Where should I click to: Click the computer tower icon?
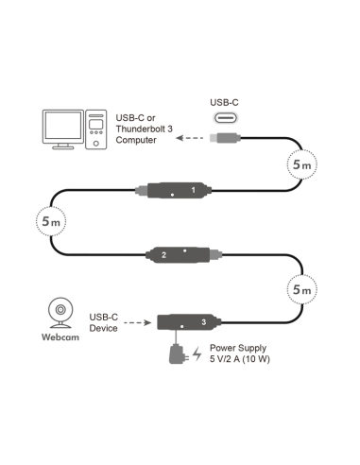[95, 130]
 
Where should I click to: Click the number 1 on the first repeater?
[193, 191]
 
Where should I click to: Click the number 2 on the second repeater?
[164, 255]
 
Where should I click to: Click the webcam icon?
[59, 315]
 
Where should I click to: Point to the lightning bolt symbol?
[197, 356]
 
